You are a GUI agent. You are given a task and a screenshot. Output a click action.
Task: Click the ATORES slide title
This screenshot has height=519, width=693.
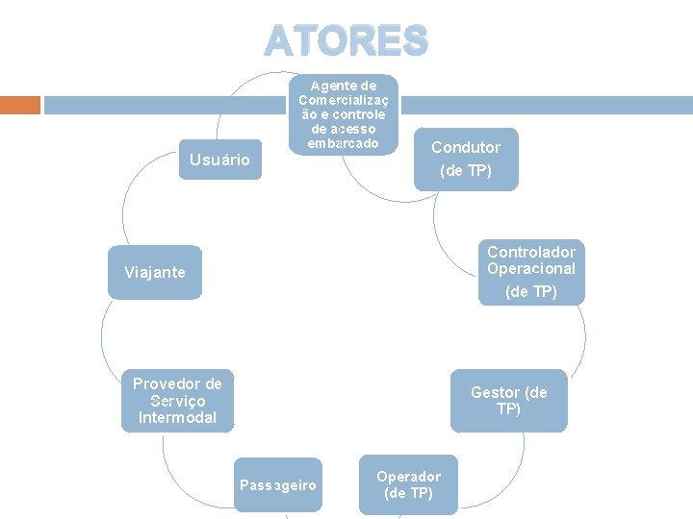click(346, 40)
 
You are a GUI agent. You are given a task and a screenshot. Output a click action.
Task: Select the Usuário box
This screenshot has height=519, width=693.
click(219, 160)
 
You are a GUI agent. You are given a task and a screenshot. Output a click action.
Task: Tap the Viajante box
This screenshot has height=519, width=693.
click(155, 272)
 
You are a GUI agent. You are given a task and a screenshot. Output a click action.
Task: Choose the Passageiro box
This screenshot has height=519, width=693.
click(278, 484)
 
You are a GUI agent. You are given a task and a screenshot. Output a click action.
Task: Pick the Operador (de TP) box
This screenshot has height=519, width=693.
click(408, 484)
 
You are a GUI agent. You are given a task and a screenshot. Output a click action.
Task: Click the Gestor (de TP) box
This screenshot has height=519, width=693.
click(508, 401)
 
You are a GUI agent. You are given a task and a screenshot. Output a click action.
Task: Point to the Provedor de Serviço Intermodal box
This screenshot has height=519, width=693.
click(177, 401)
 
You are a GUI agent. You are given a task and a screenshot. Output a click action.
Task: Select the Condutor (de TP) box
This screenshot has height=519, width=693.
click(466, 160)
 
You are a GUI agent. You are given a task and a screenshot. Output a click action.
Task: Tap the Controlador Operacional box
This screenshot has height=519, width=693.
click(531, 273)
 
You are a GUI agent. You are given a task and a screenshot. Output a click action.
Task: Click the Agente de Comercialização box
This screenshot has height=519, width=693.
click(343, 113)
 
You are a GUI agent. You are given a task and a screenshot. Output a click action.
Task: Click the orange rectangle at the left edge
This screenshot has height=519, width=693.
click(20, 105)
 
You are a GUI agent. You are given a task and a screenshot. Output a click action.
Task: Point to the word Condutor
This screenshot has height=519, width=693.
click(466, 147)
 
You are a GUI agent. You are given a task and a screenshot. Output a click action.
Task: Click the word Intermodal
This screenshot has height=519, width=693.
click(177, 418)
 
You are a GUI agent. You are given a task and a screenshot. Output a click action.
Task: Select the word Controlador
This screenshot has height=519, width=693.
click(531, 252)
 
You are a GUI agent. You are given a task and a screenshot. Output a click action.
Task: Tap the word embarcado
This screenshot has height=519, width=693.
click(337, 143)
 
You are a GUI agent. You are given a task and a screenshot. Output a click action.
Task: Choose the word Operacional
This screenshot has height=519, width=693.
click(531, 269)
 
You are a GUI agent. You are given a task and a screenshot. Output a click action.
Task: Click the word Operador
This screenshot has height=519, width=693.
click(408, 477)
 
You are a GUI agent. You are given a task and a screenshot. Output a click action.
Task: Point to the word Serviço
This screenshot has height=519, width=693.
click(177, 401)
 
